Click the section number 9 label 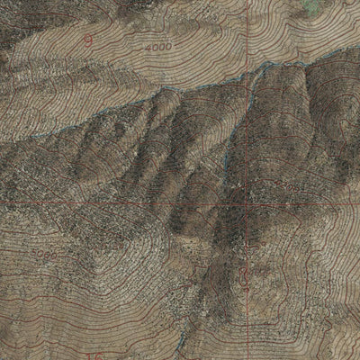click(87, 40)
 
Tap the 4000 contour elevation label click(157, 44)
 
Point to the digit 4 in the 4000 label click(147, 44)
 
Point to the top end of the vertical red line click(246, 2)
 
